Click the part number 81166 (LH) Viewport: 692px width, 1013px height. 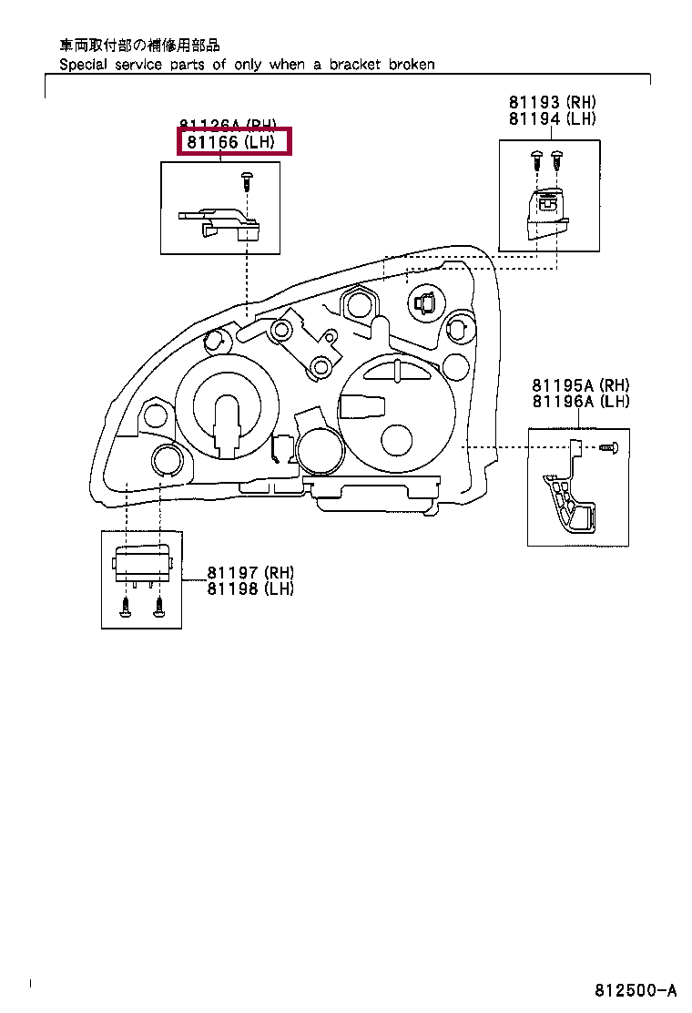231,142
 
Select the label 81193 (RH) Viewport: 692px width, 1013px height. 553,103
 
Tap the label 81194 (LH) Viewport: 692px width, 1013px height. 553,118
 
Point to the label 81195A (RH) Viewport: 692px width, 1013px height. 581,386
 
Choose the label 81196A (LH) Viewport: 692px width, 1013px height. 581,402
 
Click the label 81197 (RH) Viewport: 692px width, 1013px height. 250,573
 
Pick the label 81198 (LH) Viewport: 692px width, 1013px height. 250,588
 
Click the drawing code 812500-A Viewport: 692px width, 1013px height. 636,990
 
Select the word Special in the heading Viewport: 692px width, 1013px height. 84,65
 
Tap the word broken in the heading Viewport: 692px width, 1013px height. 412,65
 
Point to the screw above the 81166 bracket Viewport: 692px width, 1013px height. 247,180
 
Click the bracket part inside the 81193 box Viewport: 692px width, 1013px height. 544,216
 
